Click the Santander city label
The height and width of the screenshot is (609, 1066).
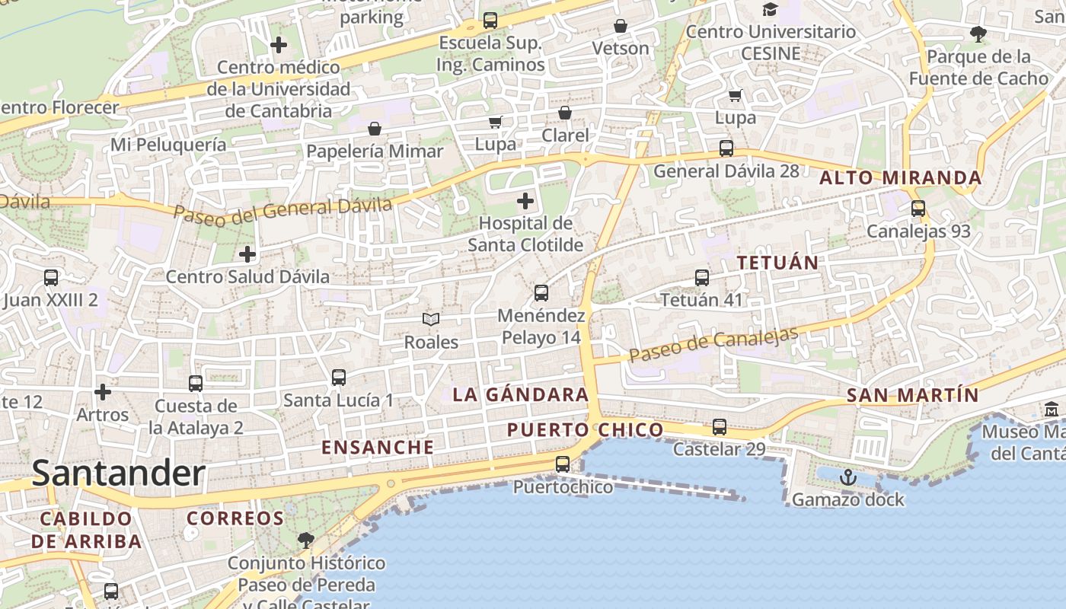[x=119, y=473]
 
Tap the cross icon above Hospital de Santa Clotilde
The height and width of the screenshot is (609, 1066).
[x=525, y=201]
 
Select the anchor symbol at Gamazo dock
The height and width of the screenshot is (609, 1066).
[x=848, y=477]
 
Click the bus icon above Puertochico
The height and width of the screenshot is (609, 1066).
[x=563, y=464]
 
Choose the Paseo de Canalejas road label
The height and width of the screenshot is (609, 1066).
[x=713, y=345]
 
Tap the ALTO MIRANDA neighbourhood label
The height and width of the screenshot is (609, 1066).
[x=900, y=178]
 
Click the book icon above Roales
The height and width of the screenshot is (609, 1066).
[x=431, y=320]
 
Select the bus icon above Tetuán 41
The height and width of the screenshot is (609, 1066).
[x=702, y=278]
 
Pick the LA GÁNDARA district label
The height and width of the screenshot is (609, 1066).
[x=521, y=394]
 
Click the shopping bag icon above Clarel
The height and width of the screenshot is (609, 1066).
[x=565, y=113]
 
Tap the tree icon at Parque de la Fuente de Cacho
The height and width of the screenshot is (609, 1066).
[x=978, y=33]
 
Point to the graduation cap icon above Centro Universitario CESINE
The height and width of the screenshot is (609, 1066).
[x=771, y=9]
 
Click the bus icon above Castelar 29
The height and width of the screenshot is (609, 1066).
[x=720, y=427]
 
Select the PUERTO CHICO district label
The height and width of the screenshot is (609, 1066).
[x=586, y=430]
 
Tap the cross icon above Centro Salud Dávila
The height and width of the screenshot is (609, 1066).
[x=247, y=254]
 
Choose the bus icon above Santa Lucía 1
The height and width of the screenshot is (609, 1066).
[x=339, y=377]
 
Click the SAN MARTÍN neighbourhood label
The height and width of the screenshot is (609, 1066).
[x=912, y=395]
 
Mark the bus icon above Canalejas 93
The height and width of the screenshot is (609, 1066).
[x=918, y=208]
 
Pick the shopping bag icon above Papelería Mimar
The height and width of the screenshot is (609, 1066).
[x=374, y=129]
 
